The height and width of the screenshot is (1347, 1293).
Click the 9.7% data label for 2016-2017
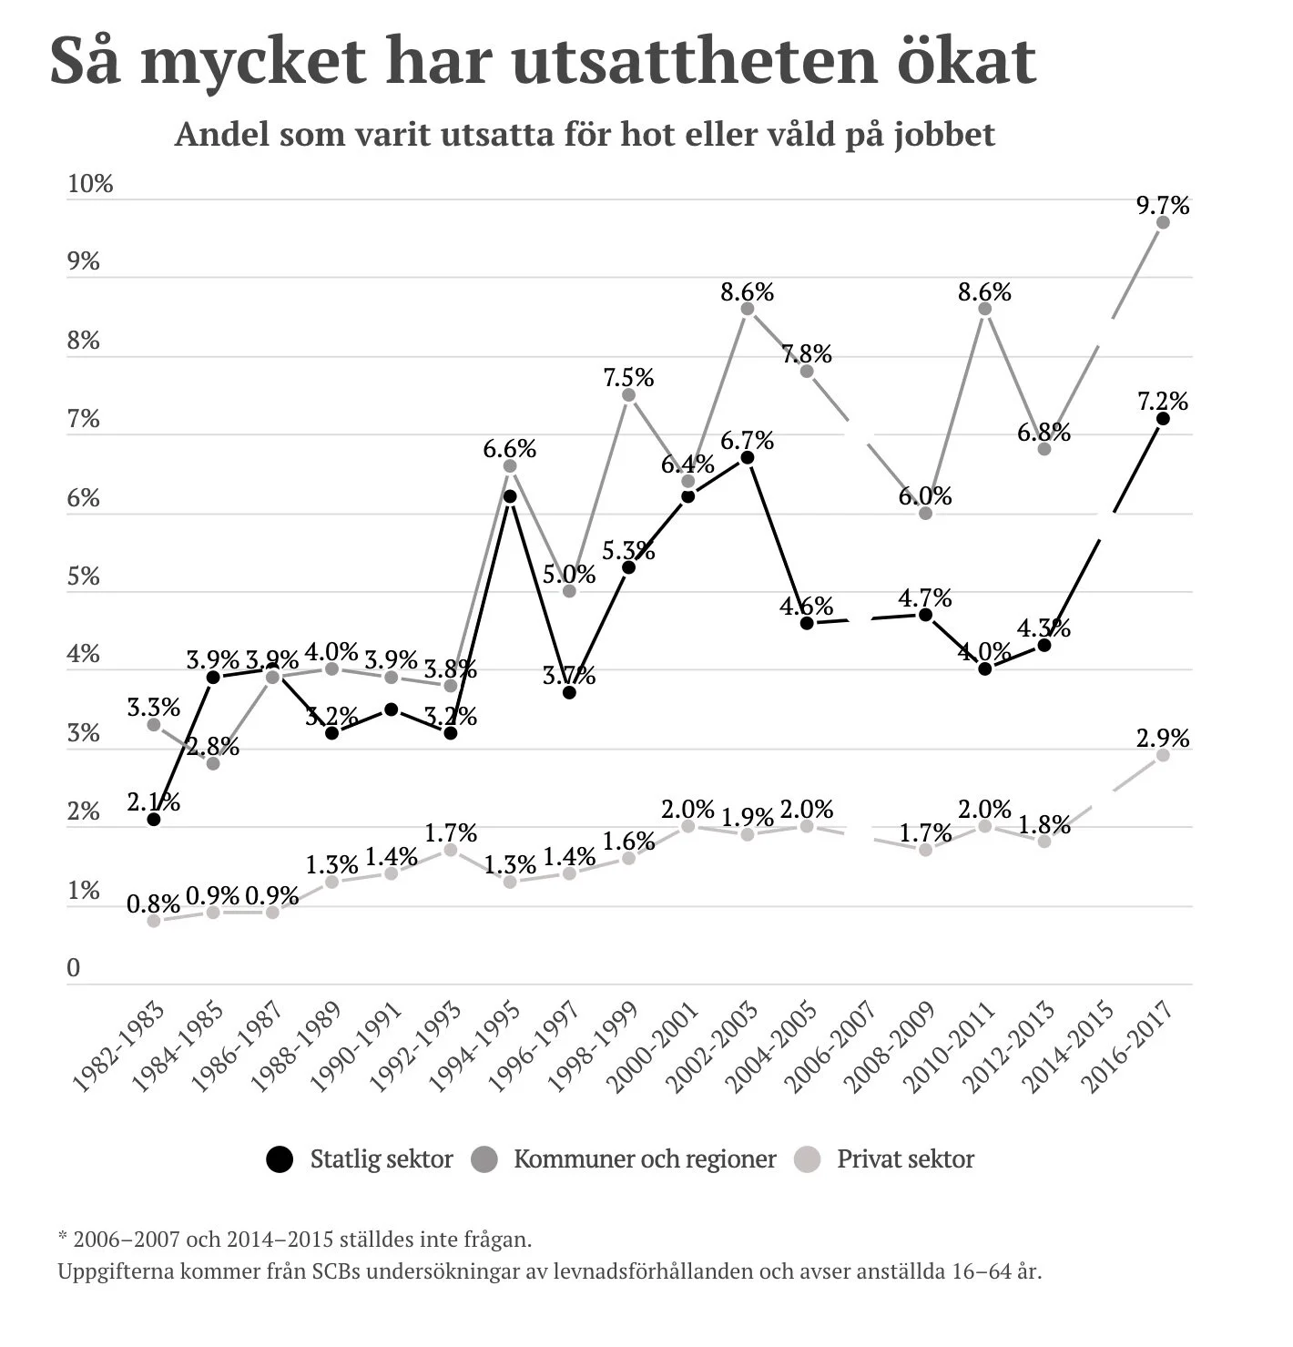point(1162,206)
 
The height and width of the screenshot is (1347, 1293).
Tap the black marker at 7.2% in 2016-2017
point(1163,418)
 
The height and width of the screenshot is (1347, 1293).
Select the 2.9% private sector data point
point(1163,755)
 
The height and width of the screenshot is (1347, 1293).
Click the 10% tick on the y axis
point(90,184)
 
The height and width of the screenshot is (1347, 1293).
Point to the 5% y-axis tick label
point(83,577)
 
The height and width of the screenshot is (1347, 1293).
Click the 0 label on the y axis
point(74,968)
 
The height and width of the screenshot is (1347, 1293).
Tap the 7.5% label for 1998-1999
point(628,377)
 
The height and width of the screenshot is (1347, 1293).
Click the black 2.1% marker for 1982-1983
point(154,819)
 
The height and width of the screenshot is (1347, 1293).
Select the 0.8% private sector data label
point(153,904)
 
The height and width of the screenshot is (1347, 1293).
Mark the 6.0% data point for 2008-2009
point(925,513)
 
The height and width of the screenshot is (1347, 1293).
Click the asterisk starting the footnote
point(63,1239)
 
